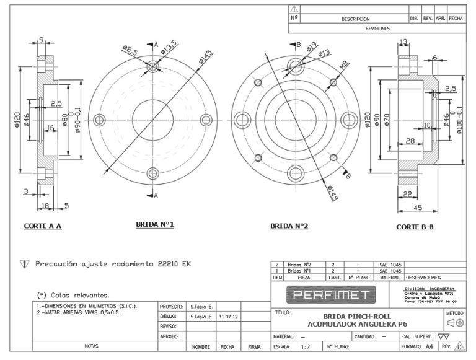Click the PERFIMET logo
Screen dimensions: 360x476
point(332,294)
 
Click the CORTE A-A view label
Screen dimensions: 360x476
point(42,226)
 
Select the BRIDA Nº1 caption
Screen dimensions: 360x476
point(155,224)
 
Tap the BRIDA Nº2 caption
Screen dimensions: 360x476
point(289,226)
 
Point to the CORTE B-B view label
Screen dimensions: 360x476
point(415,227)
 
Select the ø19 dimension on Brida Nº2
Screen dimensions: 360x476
point(312,45)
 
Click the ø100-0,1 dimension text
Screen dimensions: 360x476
point(460,118)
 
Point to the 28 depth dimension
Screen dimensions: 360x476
point(410,141)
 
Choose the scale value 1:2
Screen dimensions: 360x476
point(306,348)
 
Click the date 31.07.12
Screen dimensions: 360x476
point(229,316)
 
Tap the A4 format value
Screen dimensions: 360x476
point(429,348)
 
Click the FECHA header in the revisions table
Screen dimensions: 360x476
point(456,19)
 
